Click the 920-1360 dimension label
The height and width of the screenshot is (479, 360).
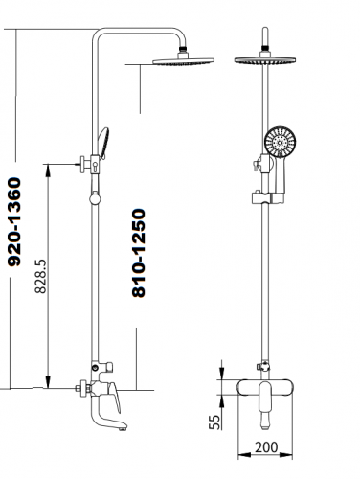click(14, 222)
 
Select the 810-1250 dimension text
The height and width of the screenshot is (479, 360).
click(139, 253)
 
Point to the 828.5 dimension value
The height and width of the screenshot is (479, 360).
click(41, 276)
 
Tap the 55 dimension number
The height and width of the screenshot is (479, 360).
click(214, 422)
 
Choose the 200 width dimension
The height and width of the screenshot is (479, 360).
click(266, 447)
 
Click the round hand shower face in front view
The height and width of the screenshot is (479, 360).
click(281, 141)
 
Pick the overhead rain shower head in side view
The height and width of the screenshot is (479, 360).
click(183, 60)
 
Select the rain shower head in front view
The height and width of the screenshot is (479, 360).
click(265, 60)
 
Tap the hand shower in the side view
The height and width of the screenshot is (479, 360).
click(103, 143)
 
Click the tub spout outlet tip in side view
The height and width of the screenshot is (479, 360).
click(123, 428)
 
